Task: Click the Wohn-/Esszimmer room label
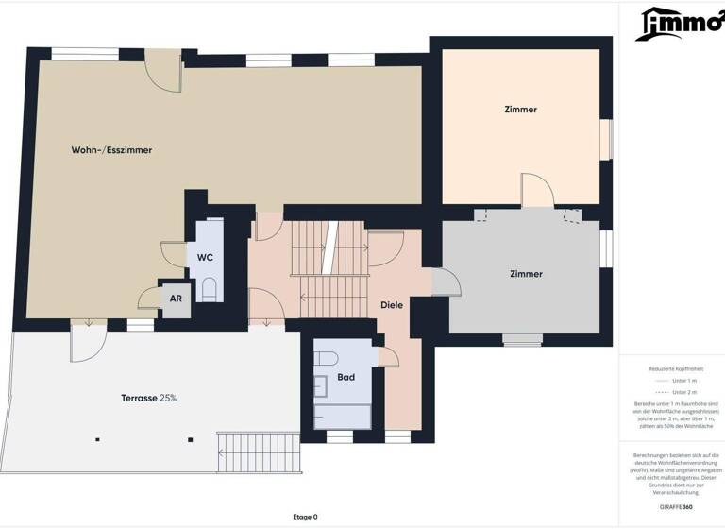[x=111, y=150]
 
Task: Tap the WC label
[x=205, y=257]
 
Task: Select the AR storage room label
[x=176, y=298]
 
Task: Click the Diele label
[x=392, y=305]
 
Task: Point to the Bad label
[x=346, y=378]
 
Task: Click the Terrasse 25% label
[x=148, y=398]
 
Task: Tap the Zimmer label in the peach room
[x=520, y=110]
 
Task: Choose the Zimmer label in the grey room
[x=526, y=274]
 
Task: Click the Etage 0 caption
[x=305, y=517]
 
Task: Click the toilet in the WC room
[x=210, y=287]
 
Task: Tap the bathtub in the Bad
[x=344, y=414]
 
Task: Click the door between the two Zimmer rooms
[x=537, y=194]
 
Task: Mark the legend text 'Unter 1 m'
[x=685, y=380]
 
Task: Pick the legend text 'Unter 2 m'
[x=685, y=391]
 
